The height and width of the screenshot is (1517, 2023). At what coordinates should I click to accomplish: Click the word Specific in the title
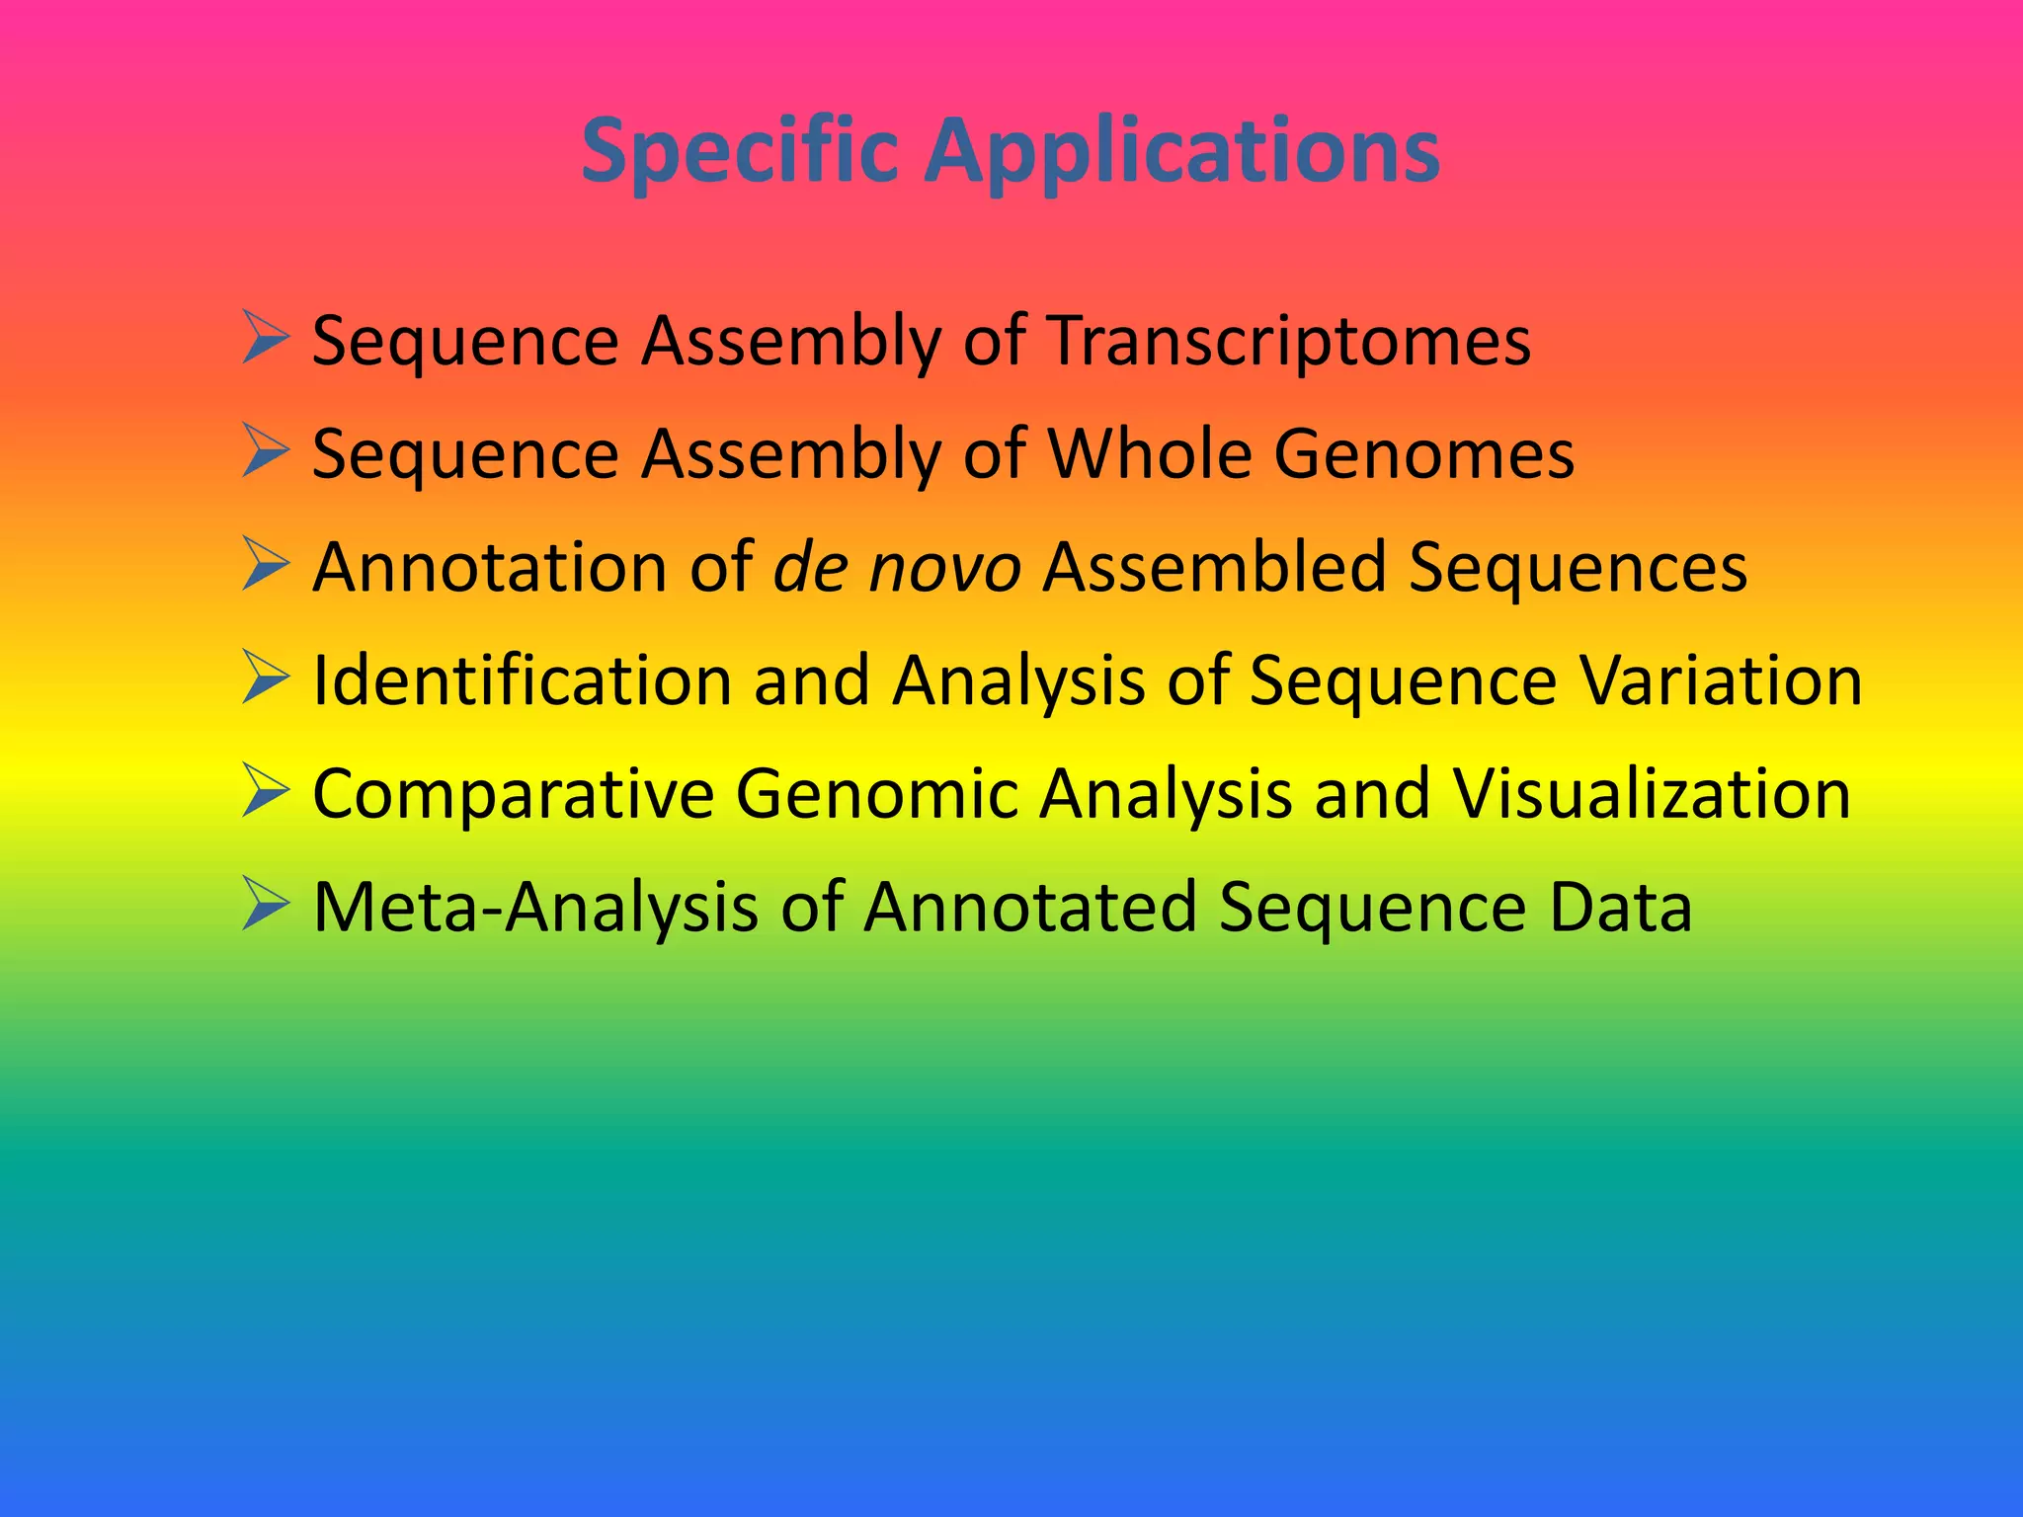coord(739,150)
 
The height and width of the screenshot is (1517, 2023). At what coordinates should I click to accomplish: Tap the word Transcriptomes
coord(1288,341)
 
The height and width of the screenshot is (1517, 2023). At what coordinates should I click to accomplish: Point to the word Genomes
coord(1423,454)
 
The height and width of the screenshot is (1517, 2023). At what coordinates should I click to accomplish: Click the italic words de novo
coord(896,568)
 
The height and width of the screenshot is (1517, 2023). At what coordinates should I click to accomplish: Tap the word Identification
coord(522,681)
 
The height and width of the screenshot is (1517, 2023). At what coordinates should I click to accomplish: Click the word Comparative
coord(514,794)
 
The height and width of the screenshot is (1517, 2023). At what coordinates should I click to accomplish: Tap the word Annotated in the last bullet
coord(1028,908)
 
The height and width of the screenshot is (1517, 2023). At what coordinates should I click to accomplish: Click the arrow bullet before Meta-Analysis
coord(265,905)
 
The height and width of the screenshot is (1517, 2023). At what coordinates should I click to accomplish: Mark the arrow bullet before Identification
coord(265,679)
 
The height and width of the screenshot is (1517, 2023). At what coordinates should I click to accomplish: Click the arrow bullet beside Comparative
coord(265,791)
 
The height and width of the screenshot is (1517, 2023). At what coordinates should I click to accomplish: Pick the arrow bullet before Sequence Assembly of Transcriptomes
coord(265,338)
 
